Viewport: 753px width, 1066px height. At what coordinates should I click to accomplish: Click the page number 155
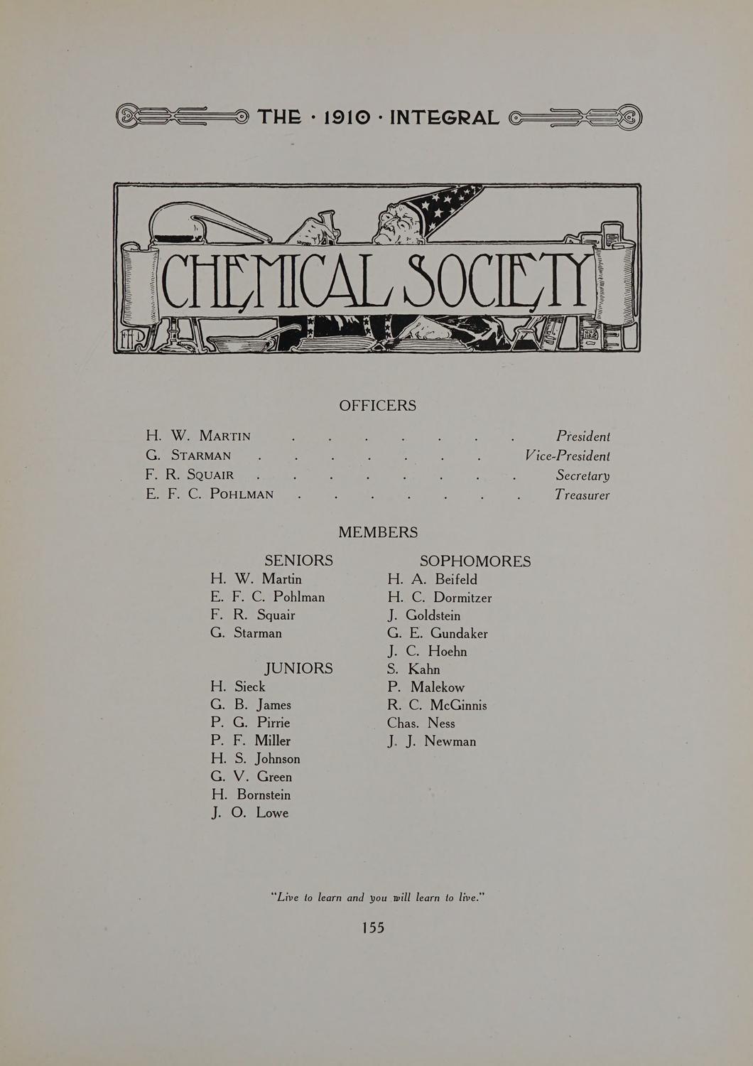(x=373, y=927)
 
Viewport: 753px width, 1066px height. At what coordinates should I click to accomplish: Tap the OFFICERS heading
(x=377, y=406)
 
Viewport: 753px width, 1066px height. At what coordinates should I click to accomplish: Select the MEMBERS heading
(x=378, y=532)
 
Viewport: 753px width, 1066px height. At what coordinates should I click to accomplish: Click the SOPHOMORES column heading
(x=475, y=561)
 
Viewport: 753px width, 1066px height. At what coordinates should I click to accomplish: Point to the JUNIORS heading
(x=298, y=669)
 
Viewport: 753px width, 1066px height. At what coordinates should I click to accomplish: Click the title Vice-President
(x=567, y=456)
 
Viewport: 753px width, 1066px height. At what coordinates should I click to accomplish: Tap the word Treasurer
(x=582, y=495)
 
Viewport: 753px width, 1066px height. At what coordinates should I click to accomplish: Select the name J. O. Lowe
(x=250, y=813)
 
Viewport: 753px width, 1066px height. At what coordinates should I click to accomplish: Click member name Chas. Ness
(x=421, y=723)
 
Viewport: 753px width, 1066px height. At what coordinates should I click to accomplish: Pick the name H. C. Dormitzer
(x=440, y=598)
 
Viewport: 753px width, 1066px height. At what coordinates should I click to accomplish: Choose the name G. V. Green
(x=251, y=777)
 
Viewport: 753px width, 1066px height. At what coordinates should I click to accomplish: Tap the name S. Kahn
(x=413, y=669)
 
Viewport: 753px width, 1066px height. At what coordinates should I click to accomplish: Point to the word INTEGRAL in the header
(x=445, y=117)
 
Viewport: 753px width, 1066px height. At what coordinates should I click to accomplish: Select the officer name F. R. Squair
(x=190, y=475)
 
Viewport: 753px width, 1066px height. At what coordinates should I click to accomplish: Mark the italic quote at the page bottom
(x=377, y=898)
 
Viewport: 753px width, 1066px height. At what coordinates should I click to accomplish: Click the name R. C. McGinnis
(x=437, y=706)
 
